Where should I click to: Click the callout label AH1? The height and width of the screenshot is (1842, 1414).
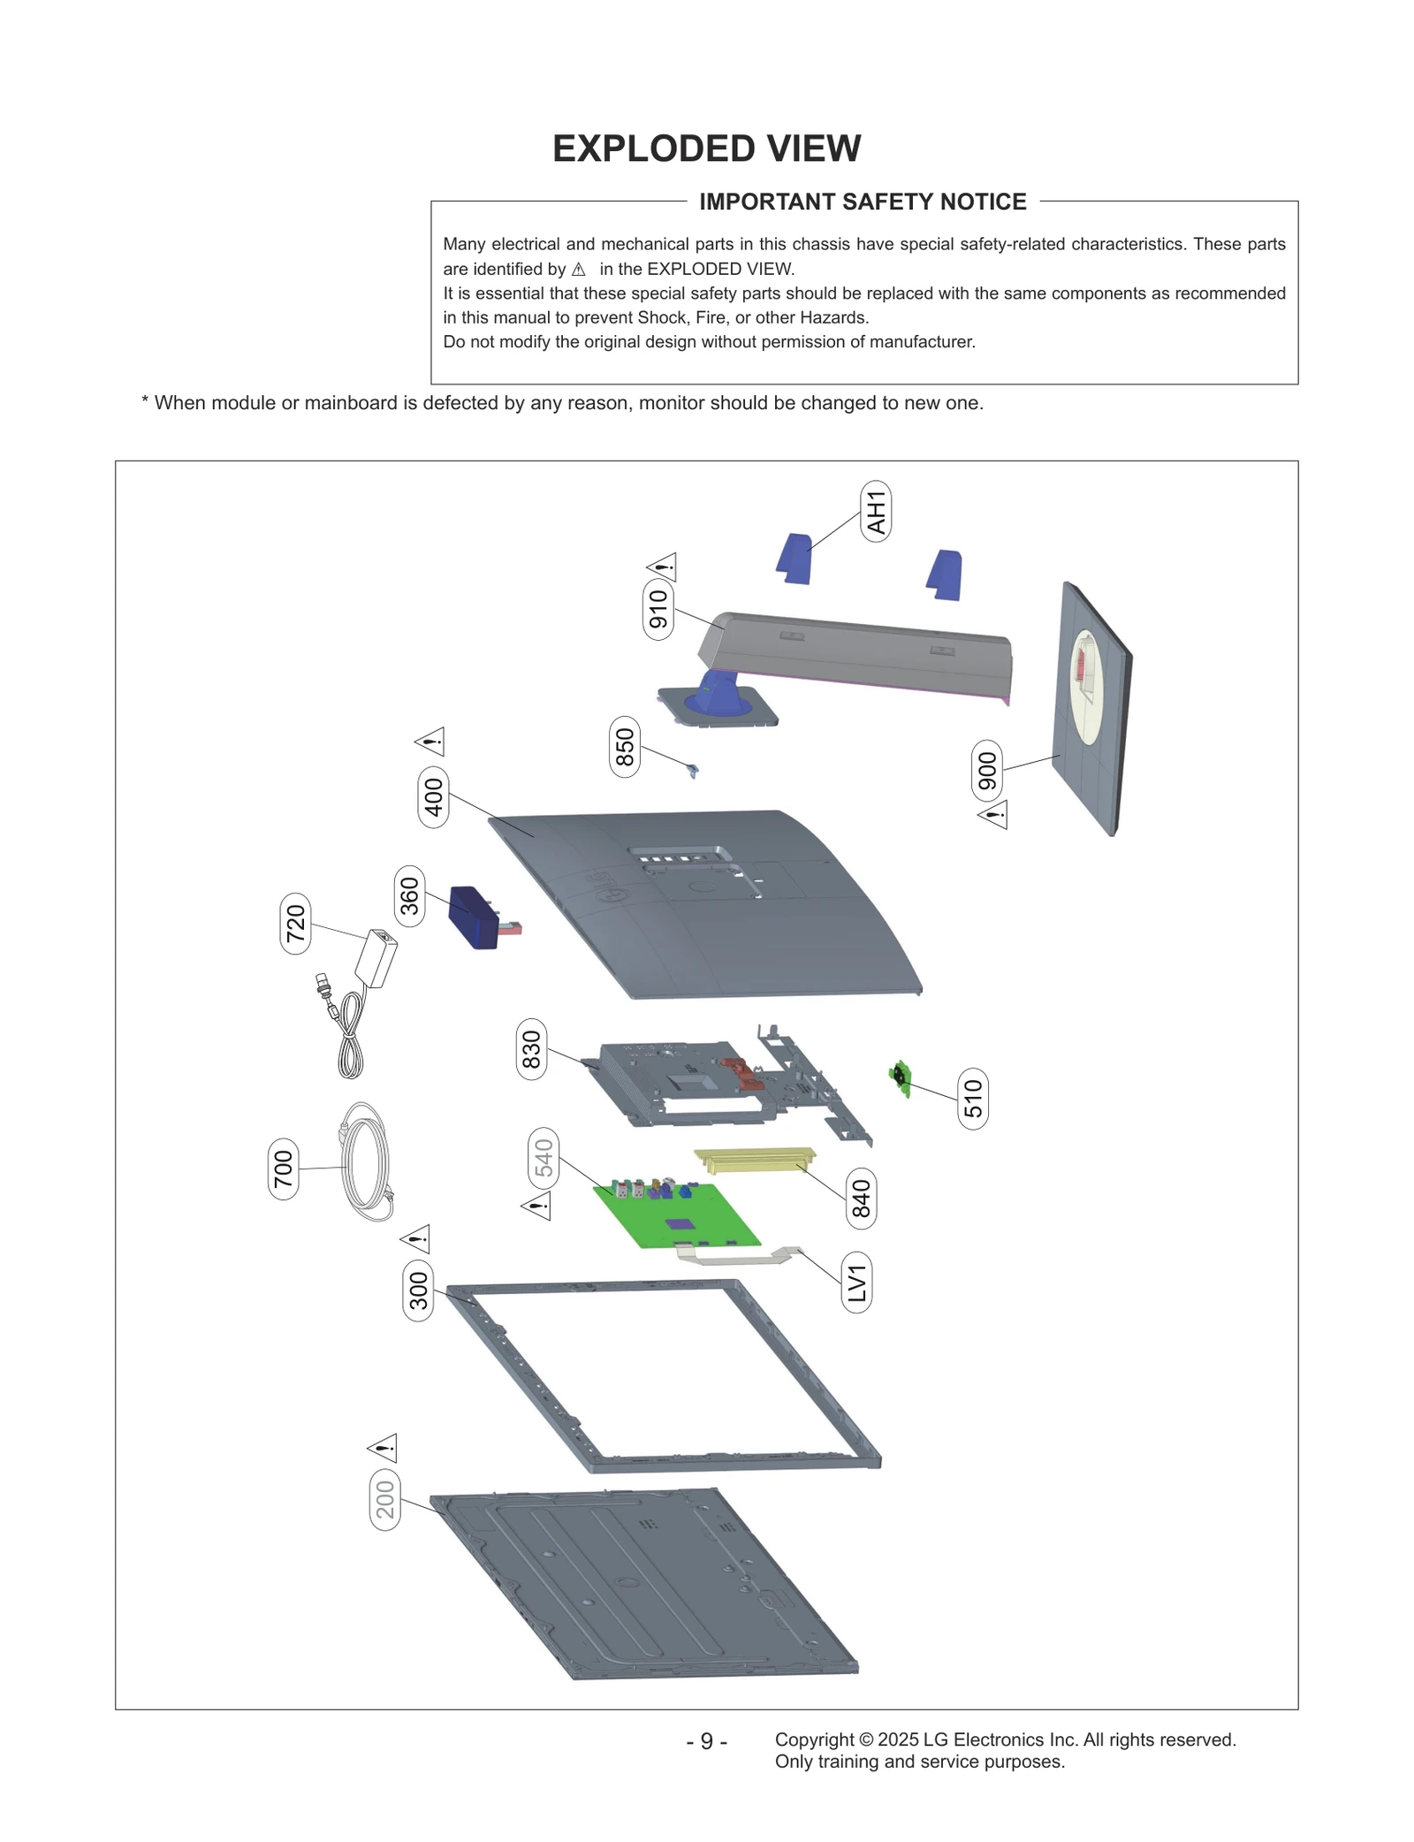click(x=875, y=512)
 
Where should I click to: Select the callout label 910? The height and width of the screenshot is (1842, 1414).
click(x=658, y=610)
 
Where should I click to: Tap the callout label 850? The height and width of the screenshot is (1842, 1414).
click(x=625, y=747)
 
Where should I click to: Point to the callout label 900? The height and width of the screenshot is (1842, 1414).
click(x=987, y=771)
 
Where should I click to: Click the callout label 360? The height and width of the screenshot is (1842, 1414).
click(x=409, y=896)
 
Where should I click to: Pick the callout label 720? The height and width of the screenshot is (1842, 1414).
click(x=295, y=924)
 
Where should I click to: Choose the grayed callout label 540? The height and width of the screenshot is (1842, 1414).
click(x=544, y=1159)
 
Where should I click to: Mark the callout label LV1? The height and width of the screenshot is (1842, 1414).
click(x=856, y=1283)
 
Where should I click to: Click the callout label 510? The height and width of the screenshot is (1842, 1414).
click(x=972, y=1099)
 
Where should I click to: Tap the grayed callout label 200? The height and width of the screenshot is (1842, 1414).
click(x=384, y=1500)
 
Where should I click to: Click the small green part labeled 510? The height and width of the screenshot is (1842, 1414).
click(x=901, y=1077)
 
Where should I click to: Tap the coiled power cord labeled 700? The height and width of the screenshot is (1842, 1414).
click(x=365, y=1161)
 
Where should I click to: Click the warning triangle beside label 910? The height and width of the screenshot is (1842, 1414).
click(x=662, y=567)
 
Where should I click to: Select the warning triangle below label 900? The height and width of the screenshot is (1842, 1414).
click(x=993, y=814)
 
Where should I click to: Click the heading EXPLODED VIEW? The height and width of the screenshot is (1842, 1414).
click(x=706, y=148)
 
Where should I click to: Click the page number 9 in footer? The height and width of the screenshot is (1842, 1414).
click(x=706, y=1741)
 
